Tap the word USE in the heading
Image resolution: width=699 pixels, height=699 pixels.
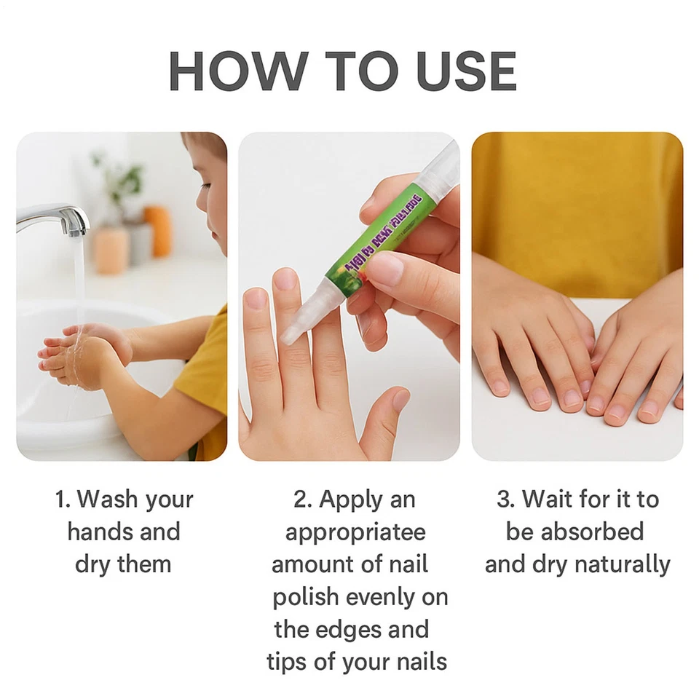466,71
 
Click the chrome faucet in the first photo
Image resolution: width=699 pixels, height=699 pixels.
55,217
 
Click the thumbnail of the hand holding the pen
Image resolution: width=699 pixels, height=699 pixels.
385,269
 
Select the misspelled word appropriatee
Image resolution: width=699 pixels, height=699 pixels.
355,532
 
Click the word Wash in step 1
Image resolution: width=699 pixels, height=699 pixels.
108,499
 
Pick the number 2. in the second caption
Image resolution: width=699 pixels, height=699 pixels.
303,499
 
